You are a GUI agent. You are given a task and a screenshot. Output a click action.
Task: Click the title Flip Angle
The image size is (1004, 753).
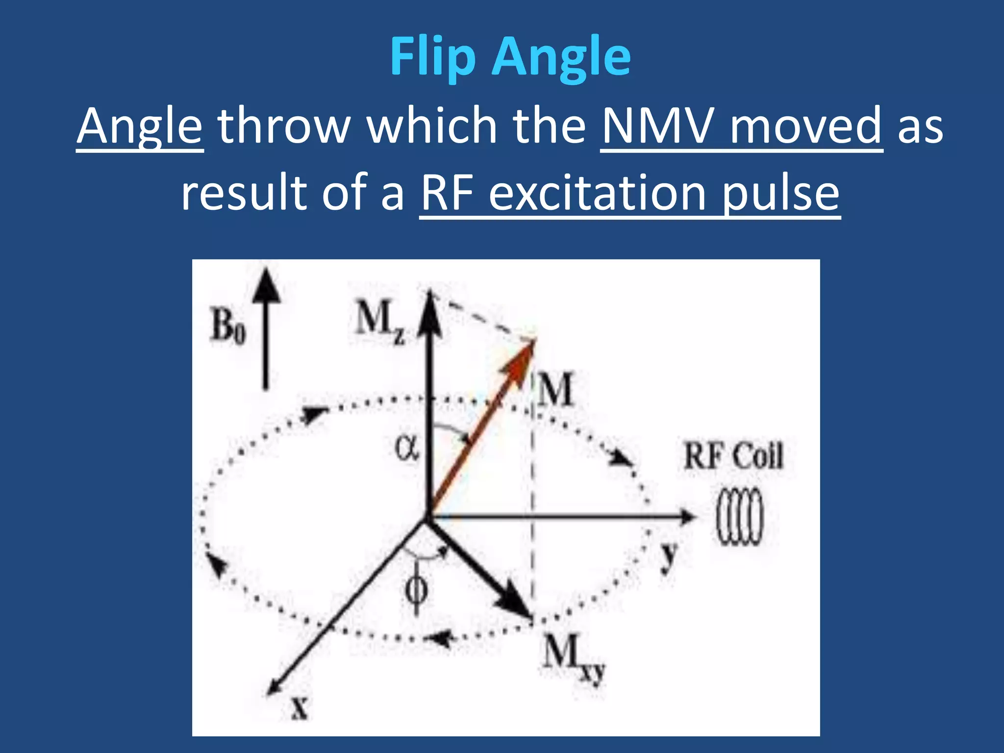tap(510, 58)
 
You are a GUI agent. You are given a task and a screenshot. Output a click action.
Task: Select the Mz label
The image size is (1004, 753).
tap(379, 321)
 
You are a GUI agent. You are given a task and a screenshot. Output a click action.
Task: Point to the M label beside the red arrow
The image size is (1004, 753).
tap(555, 389)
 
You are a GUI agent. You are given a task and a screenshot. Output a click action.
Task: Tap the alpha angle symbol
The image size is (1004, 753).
tap(406, 448)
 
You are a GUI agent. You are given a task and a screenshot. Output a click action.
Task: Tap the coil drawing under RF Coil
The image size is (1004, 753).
tap(740, 517)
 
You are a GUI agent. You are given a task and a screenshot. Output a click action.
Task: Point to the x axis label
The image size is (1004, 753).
tap(300, 707)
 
